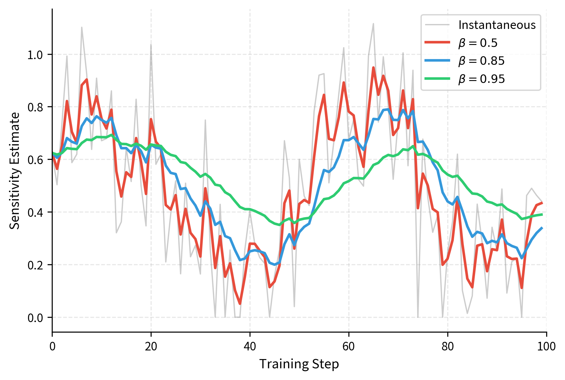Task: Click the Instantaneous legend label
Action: point(497,25)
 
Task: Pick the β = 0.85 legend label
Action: point(481,61)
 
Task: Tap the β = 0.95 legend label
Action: point(481,79)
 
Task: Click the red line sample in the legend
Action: point(437,42)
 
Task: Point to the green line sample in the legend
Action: point(437,79)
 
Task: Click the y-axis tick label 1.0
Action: point(36,55)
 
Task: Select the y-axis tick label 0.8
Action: point(36,107)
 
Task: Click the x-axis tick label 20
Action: point(151,346)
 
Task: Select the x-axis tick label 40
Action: point(250,346)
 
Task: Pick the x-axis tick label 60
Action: point(349,346)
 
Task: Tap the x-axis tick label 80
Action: point(448,346)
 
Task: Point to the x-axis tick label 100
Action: point(546,346)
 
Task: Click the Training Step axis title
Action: point(299,364)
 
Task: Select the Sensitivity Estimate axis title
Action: point(14,171)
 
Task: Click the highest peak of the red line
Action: point(373,67)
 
